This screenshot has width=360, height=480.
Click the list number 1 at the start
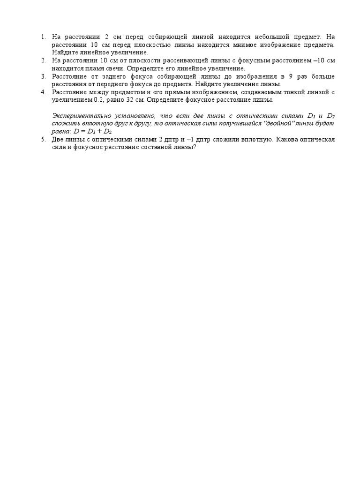tap(43, 37)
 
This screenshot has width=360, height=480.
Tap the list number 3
tap(43, 76)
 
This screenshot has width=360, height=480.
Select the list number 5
tap(43, 140)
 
